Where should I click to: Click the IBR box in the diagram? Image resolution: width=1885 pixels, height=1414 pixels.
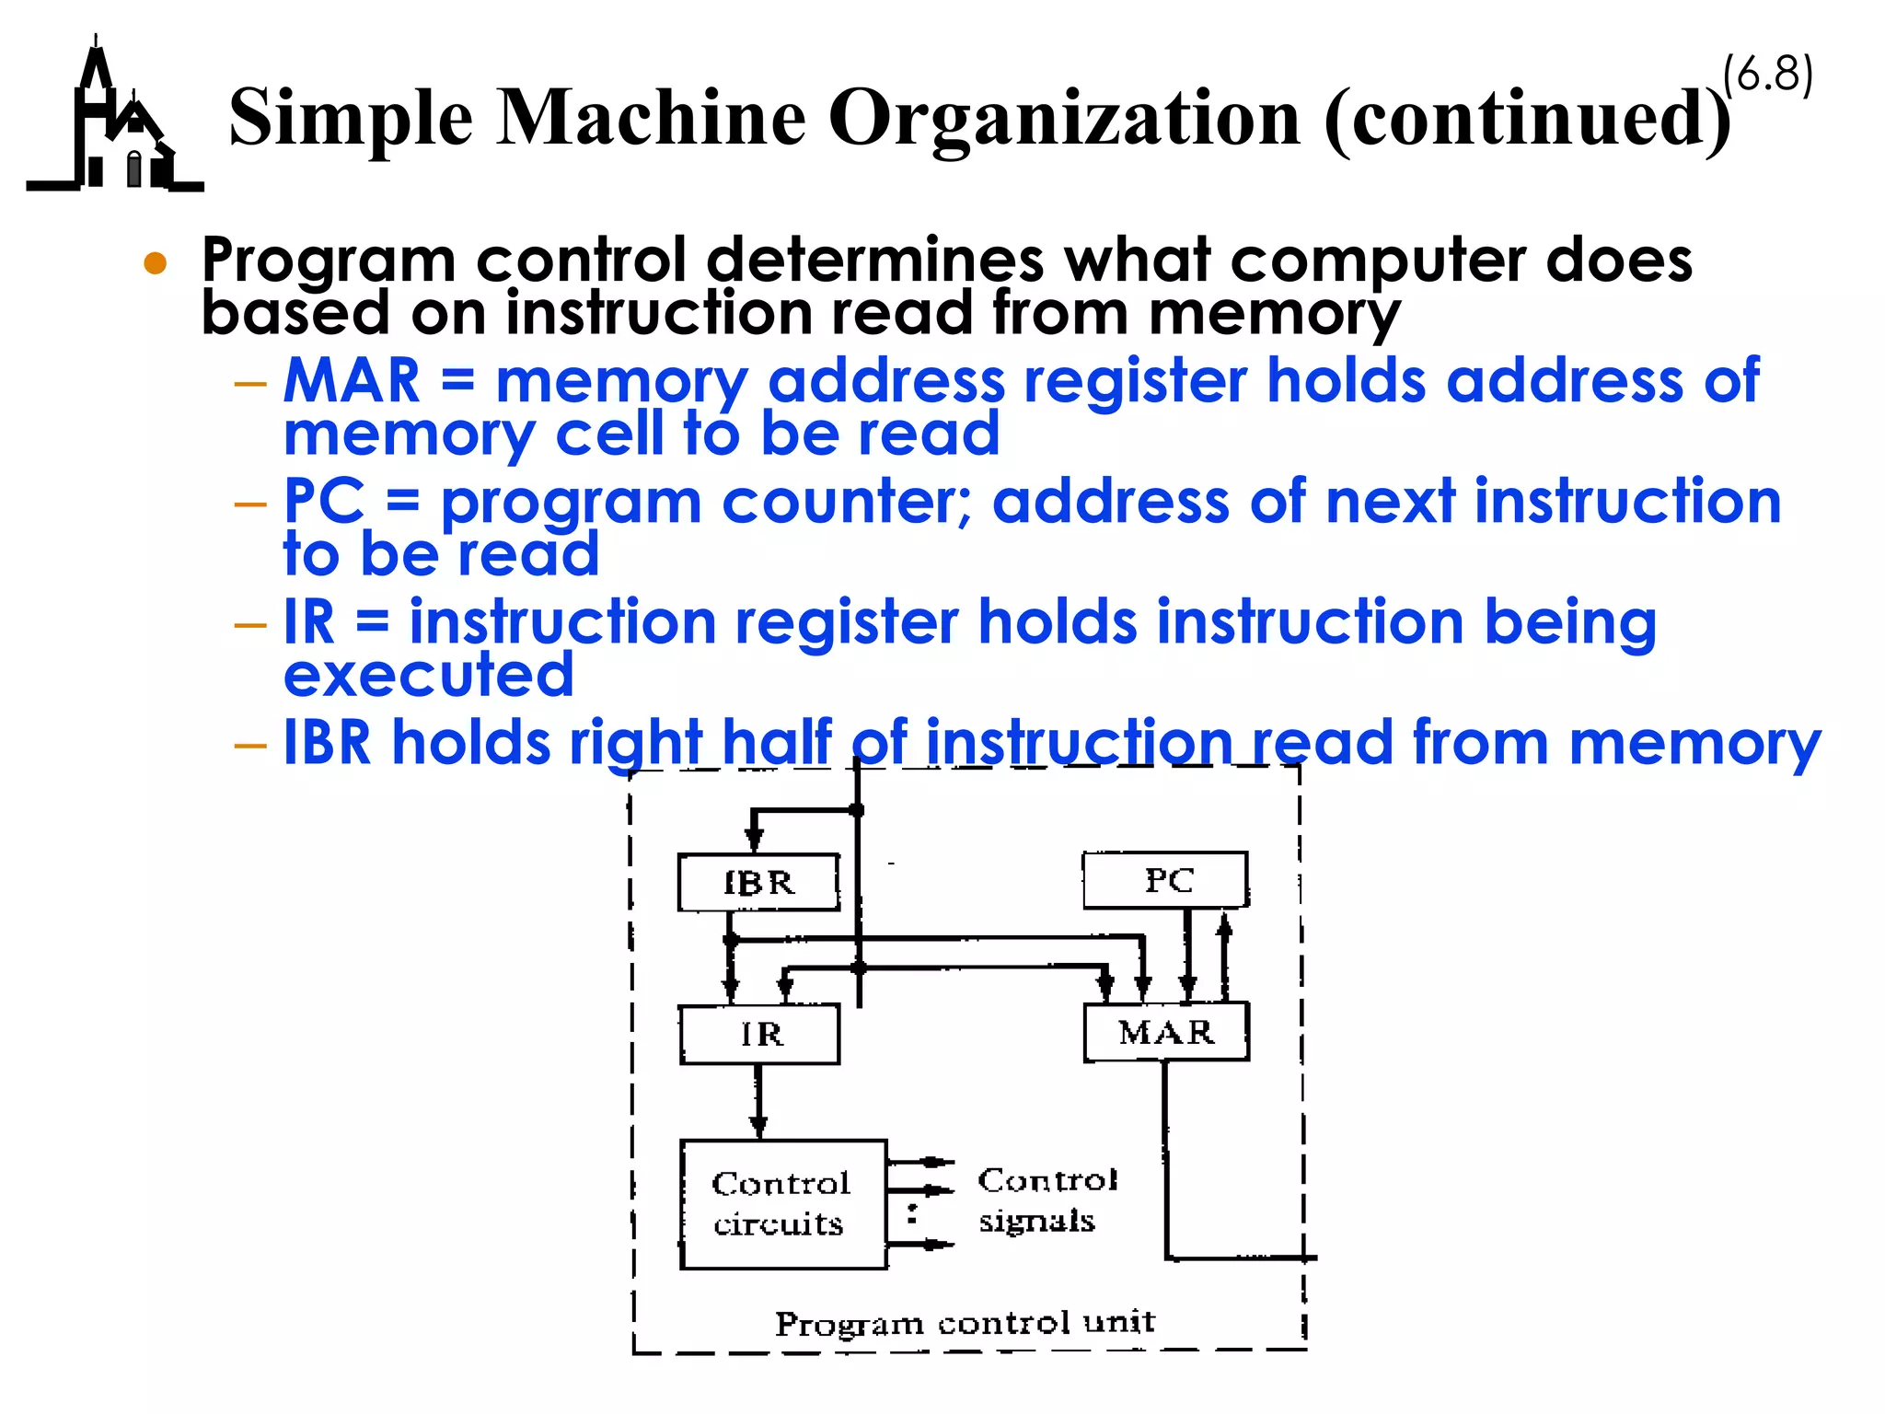758,883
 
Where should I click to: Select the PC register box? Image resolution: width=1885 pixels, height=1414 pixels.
1165,880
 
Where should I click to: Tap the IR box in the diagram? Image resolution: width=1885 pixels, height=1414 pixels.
759,1034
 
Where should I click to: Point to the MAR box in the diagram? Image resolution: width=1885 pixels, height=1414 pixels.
1166,1032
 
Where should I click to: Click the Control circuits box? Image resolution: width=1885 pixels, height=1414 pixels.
783,1204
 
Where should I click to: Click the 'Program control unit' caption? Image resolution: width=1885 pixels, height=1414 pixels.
965,1323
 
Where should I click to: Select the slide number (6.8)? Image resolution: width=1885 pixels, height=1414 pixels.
1767,74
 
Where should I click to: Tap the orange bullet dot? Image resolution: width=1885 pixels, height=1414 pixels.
156,264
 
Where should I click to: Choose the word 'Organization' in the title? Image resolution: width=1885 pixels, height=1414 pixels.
1064,118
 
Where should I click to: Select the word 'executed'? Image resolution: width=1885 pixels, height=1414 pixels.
429,675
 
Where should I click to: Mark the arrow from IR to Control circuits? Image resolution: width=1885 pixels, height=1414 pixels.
758,1101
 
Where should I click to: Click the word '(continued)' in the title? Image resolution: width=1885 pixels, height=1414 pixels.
1526,118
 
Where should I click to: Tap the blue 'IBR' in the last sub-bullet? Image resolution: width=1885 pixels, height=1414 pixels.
327,742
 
